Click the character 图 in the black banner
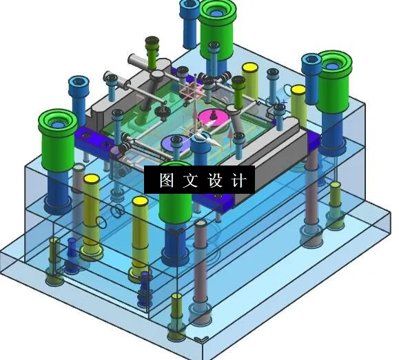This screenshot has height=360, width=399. click(x=167, y=181)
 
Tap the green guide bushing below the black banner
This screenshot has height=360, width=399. click(x=176, y=207)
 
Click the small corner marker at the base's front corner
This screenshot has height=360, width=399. click(x=201, y=339)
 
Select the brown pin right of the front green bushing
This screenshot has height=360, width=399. click(x=201, y=262)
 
